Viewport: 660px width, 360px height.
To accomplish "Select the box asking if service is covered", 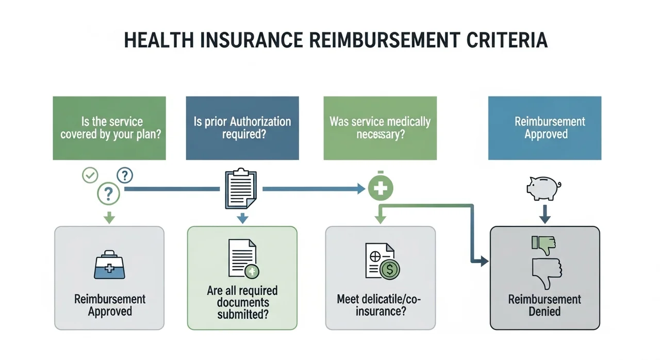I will tap(109, 128).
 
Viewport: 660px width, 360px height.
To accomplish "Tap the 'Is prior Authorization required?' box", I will tap(242, 128).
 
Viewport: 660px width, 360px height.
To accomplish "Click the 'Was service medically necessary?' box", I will tap(380, 128).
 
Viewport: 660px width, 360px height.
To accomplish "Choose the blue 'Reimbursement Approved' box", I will tap(544, 128).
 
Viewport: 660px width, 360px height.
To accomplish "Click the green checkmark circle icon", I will tap(90, 175).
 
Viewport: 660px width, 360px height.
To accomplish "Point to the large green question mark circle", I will tap(108, 194).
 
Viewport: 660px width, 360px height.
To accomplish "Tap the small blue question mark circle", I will tap(125, 175).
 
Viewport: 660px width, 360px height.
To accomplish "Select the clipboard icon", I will tap(241, 190).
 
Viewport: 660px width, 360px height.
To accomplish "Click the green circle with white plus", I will tap(381, 189).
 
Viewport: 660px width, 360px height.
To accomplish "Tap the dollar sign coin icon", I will tap(389, 269).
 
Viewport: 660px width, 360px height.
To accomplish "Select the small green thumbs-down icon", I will tap(543, 244).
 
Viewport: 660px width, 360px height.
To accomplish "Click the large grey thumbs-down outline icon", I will tap(546, 274).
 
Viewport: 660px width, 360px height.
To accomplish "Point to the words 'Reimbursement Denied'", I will tap(544, 305).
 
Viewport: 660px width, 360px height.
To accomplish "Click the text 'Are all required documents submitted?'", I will tap(242, 302).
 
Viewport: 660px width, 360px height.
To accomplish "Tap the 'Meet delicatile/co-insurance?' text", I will tap(379, 304).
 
